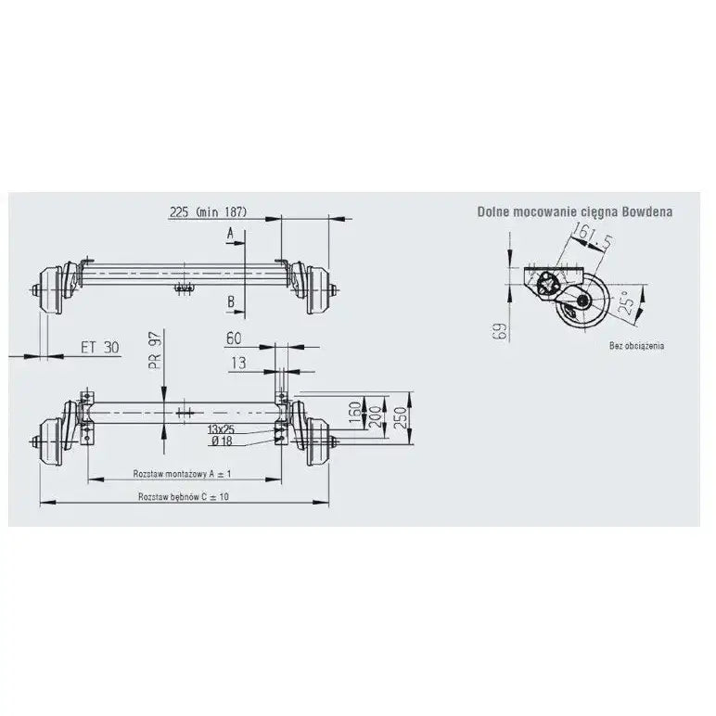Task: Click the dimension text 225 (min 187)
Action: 209,211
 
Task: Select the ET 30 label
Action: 100,348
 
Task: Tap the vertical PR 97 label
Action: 156,351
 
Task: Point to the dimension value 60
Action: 234,339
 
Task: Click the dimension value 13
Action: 238,363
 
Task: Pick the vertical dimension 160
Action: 355,413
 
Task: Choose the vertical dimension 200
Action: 375,416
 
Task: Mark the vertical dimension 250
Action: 399,417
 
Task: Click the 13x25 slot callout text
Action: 221,429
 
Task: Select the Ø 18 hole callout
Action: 222,441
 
